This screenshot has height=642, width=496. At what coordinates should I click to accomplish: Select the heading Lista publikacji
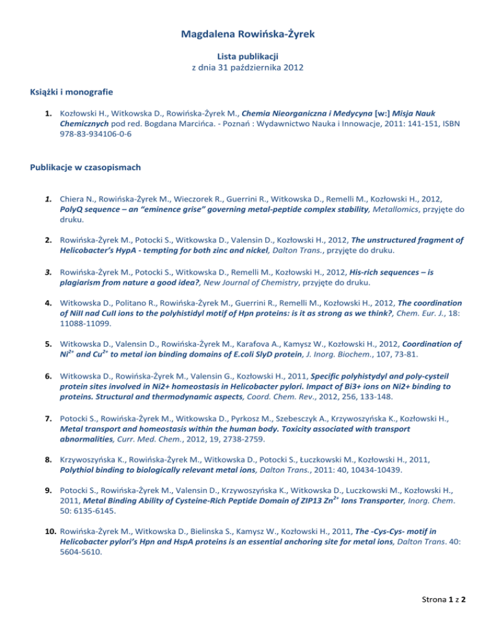point(248,57)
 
